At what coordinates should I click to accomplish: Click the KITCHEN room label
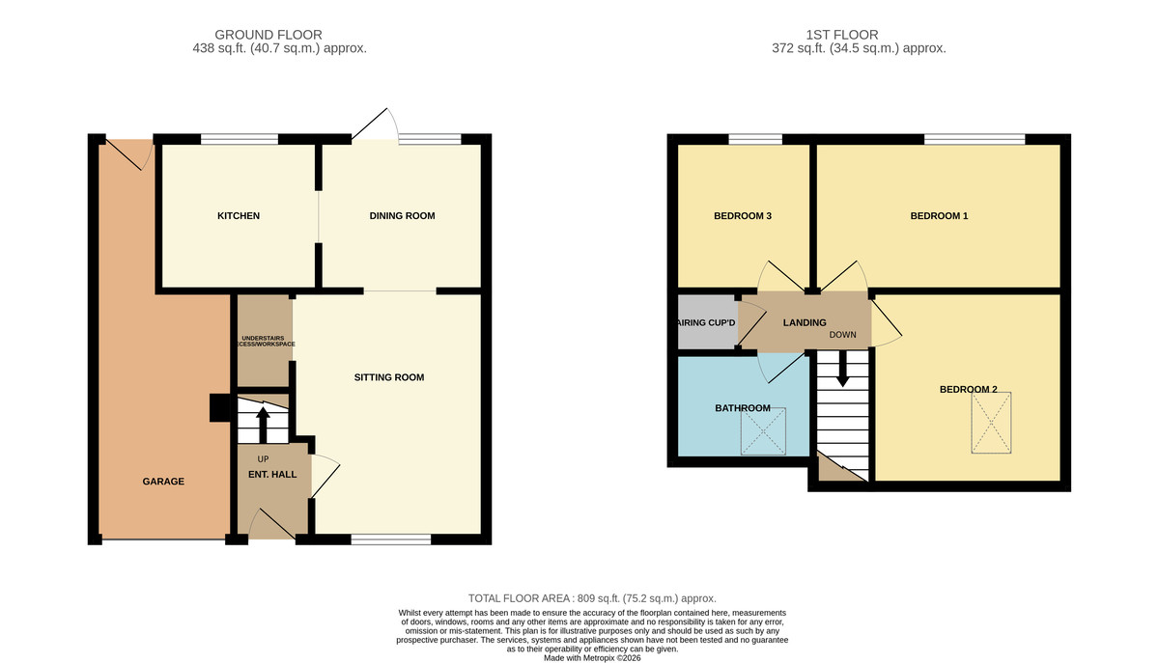(238, 216)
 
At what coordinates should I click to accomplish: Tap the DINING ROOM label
(402, 216)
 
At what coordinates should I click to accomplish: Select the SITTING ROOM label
(389, 377)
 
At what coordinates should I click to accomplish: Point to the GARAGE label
(163, 482)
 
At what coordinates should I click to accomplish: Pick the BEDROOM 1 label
(939, 216)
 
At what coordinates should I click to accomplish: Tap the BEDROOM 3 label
(742, 216)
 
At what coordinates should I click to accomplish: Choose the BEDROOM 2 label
(968, 390)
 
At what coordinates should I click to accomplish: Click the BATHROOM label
(743, 408)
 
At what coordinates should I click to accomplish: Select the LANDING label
(804, 323)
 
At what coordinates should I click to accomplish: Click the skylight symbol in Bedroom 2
(992, 422)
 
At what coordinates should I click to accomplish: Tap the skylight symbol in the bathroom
(765, 431)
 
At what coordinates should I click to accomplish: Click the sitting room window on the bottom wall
(390, 539)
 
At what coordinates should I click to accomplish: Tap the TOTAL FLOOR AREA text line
(592, 598)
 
